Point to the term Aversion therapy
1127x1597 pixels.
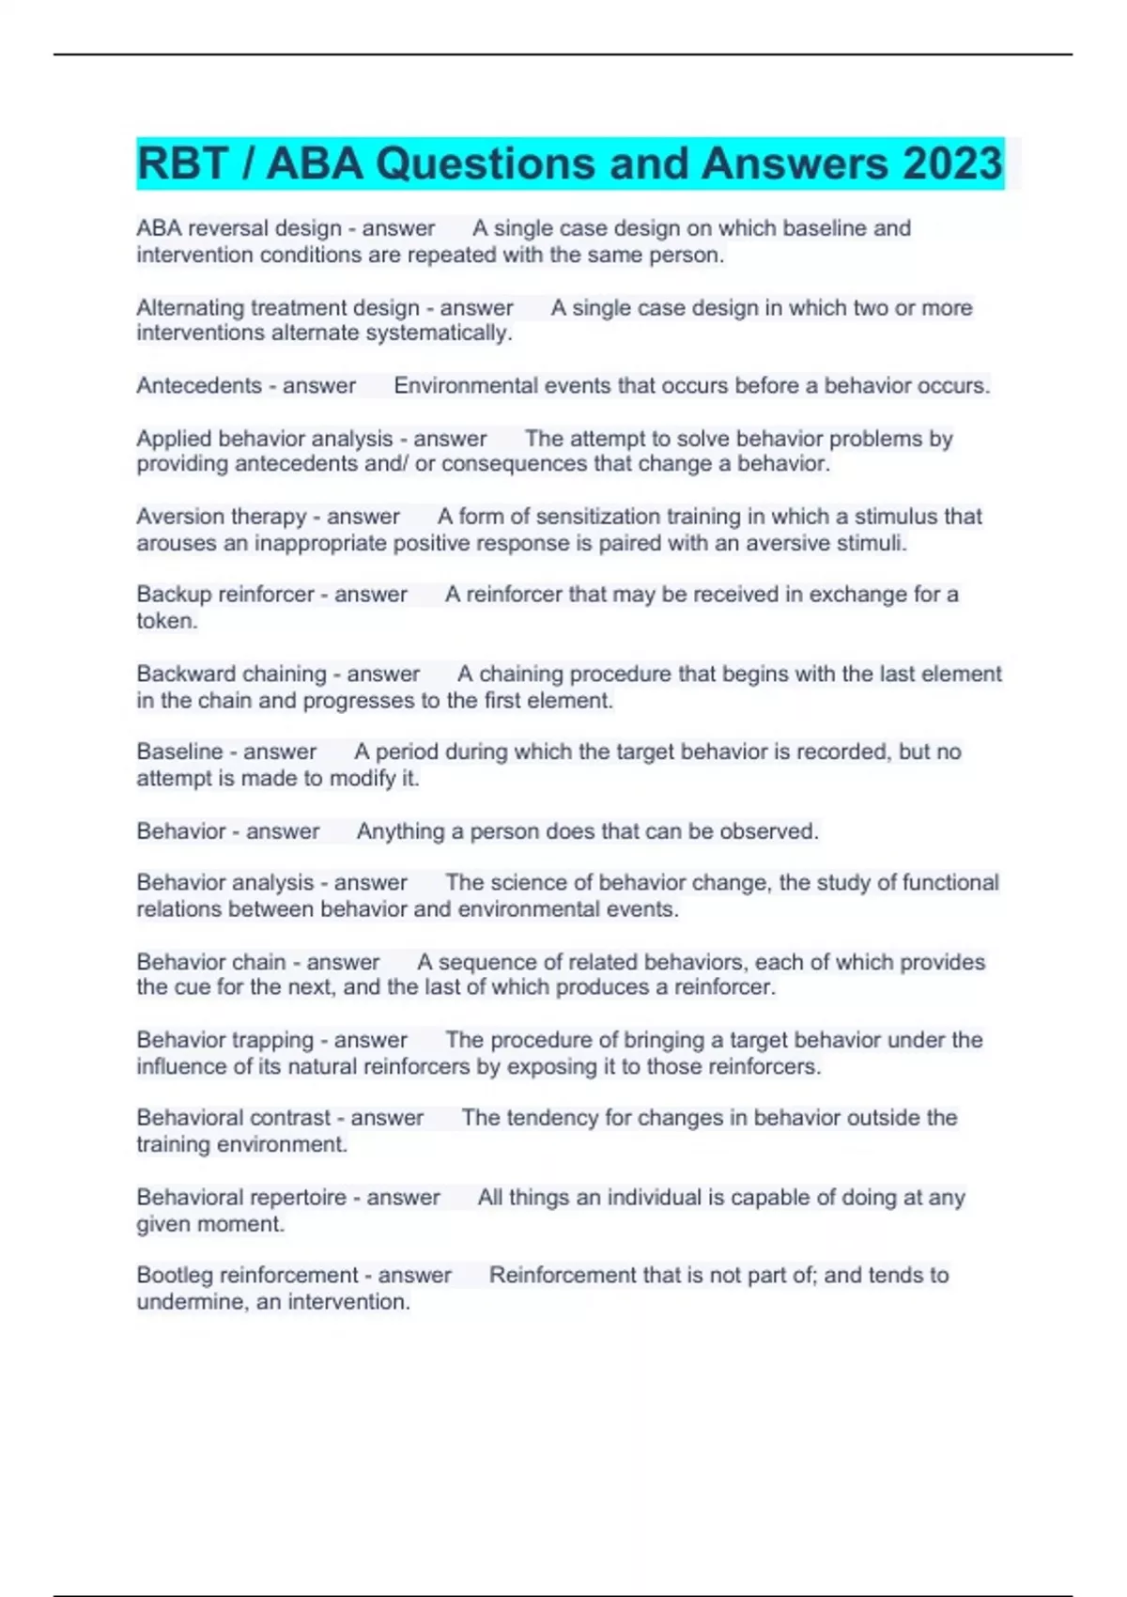pos(222,517)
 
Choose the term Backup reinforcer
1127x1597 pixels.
pos(225,595)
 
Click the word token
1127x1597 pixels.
pos(165,621)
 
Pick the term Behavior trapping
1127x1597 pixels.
pos(224,1040)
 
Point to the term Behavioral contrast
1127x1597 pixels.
pos(233,1118)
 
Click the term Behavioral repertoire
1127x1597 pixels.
pos(241,1198)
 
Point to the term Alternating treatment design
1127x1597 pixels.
pos(278,308)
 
